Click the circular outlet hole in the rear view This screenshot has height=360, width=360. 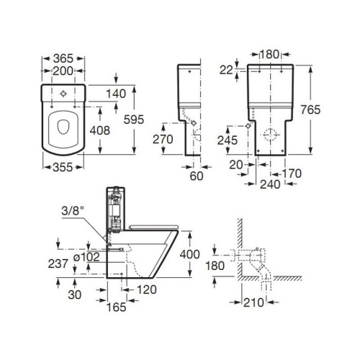click(269, 135)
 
